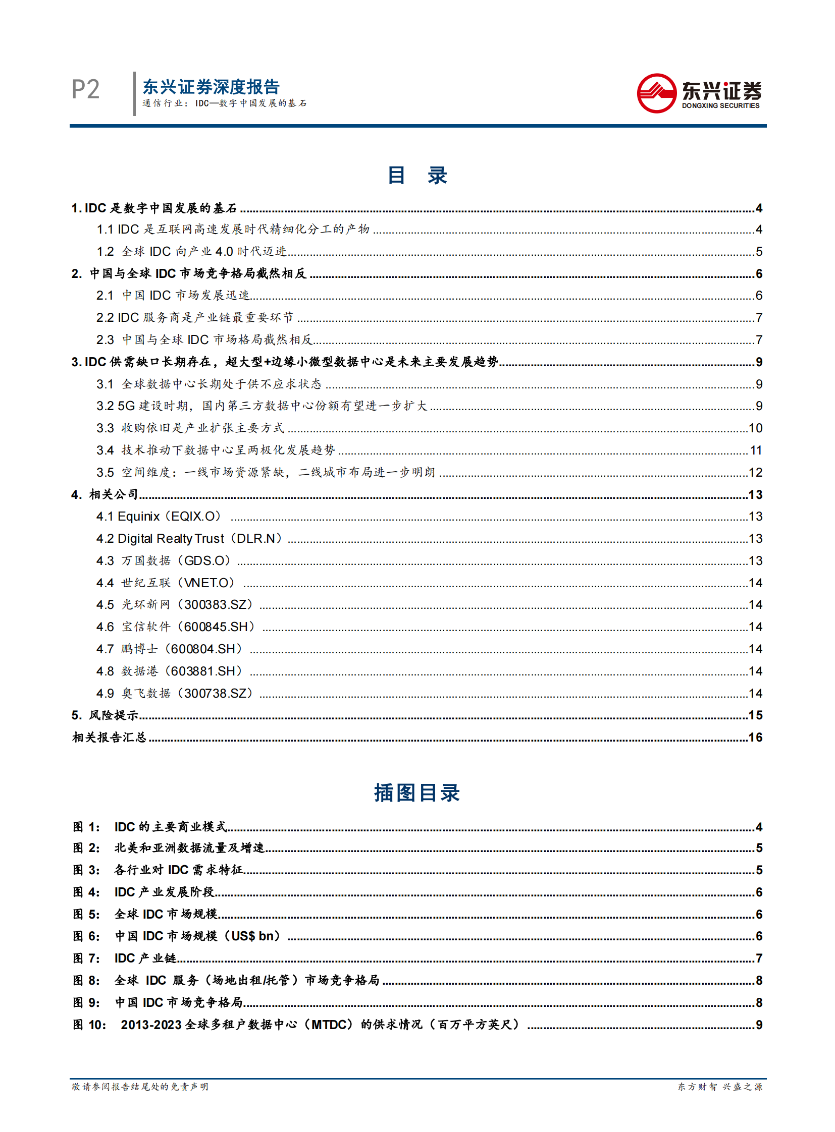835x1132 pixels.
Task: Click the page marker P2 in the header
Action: (85, 89)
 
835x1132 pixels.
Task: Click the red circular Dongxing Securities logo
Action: (656, 93)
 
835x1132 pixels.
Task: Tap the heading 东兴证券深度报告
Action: (211, 87)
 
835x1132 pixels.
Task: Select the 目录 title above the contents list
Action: (417, 175)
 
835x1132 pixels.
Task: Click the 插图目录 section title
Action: (417, 793)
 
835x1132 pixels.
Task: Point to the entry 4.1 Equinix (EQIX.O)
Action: (159, 516)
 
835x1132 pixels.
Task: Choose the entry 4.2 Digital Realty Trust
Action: (189, 538)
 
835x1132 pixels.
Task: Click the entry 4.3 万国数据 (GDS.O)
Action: (163, 560)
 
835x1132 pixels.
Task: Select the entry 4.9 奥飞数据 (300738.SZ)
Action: (174, 693)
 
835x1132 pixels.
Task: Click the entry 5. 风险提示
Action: (105, 715)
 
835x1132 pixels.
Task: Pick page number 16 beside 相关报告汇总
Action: (755, 738)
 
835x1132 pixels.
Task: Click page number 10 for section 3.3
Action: (755, 428)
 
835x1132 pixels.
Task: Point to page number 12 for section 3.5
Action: (755, 472)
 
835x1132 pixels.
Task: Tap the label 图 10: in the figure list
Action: (89, 1025)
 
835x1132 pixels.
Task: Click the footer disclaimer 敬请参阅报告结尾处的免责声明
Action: (140, 1087)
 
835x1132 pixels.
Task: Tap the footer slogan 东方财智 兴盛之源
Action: (720, 1087)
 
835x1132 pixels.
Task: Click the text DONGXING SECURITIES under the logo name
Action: (720, 105)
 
